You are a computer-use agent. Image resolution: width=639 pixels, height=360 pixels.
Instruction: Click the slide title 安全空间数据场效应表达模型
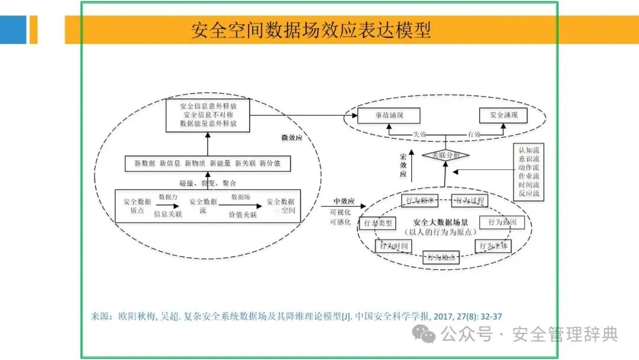311,30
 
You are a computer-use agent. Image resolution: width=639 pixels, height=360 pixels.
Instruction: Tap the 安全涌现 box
502,115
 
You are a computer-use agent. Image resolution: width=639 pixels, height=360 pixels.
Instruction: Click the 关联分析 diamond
445,155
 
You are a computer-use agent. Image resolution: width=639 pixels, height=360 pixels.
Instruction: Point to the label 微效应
292,138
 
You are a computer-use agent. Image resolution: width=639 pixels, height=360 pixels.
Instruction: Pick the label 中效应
343,200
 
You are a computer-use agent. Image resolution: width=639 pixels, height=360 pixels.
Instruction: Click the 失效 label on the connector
419,134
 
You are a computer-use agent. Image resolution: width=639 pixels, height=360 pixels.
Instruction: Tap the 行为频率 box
419,200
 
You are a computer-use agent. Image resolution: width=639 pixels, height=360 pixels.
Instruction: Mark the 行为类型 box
377,223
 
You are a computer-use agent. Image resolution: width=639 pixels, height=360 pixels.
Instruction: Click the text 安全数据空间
280,206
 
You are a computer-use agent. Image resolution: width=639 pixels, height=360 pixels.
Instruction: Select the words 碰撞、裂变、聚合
207,183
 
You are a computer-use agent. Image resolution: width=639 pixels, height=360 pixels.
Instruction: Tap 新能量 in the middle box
220,163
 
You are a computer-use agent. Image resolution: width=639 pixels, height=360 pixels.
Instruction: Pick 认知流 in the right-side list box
528,150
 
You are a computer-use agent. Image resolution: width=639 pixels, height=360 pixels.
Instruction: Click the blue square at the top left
13,30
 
